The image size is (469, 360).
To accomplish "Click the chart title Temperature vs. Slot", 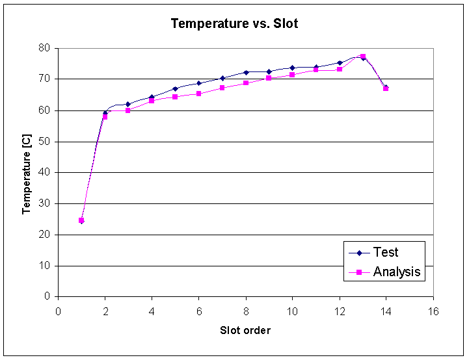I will (234, 24).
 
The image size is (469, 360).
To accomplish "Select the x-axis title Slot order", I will (245, 330).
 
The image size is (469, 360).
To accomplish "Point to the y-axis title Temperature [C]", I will (27, 172).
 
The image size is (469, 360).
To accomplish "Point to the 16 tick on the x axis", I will (433, 310).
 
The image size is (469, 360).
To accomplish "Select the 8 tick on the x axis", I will (245, 310).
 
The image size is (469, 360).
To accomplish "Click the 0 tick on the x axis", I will (58, 310).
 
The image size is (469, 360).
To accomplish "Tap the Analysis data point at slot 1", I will (81, 220).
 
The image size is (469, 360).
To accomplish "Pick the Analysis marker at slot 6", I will (198, 94).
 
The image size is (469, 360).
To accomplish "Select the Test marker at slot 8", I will (245, 72).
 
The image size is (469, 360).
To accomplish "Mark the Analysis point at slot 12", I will (339, 69).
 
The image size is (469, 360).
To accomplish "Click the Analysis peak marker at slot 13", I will (362, 57).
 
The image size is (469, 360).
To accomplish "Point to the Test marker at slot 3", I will (128, 104).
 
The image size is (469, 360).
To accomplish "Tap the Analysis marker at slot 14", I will (386, 88).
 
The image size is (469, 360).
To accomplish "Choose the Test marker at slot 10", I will (292, 68).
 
